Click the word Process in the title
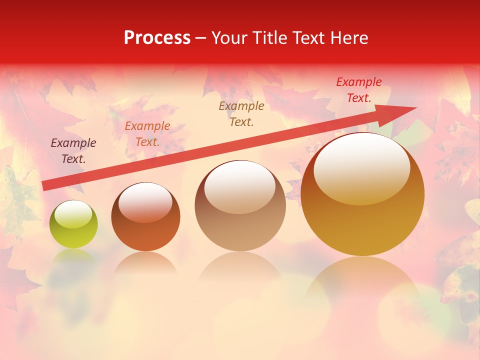[157, 38]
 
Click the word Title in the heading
[269, 38]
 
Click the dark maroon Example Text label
[73, 151]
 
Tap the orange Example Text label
[147, 134]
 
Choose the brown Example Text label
[241, 113]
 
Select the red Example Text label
[359, 90]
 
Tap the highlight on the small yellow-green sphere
[73, 214]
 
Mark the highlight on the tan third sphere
[240, 187]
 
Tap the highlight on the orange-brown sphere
[145, 201]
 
